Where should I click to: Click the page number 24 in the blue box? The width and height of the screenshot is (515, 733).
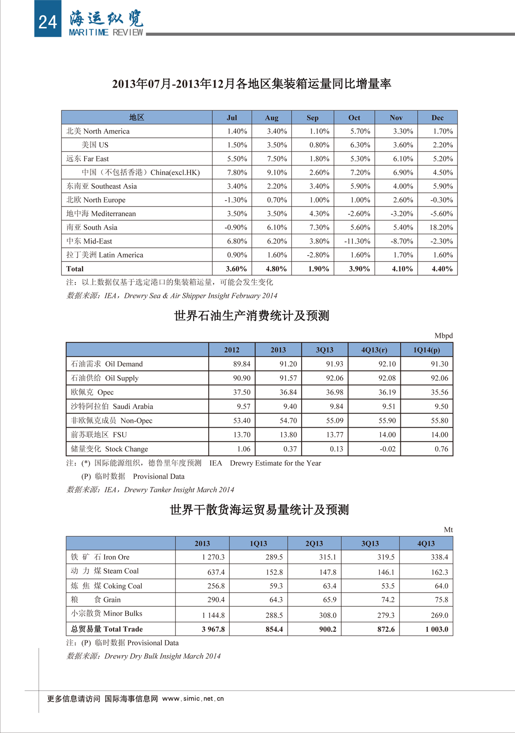coord(47,22)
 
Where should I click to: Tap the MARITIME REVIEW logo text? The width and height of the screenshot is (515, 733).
coord(106,33)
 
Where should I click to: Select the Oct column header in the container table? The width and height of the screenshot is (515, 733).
coord(354,118)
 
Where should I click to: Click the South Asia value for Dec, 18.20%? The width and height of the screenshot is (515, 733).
coord(441,228)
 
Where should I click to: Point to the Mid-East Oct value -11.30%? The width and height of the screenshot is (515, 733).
coord(357,241)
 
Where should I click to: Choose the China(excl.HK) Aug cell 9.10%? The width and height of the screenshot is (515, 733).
coord(277,173)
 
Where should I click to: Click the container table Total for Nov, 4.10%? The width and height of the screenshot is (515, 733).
coord(402,269)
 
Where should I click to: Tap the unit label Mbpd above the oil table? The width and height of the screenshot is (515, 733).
coord(443,336)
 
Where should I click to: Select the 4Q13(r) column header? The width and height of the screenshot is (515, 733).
coord(374,350)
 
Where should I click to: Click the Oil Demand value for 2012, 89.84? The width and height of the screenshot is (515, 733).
coord(242,364)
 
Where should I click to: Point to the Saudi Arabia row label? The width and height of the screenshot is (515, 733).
coord(112,407)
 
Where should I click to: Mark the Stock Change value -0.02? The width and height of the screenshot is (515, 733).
coord(388,449)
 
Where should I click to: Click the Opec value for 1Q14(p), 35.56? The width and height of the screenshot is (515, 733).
coord(439,392)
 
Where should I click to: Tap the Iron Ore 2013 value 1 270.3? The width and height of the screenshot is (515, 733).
coord(213,557)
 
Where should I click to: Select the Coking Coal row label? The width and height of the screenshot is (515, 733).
coord(107,586)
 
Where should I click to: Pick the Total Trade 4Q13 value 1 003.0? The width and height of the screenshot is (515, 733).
coord(436,630)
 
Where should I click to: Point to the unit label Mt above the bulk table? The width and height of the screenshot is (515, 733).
coord(448,530)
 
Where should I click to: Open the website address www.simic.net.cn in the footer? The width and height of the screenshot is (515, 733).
coord(193,699)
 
